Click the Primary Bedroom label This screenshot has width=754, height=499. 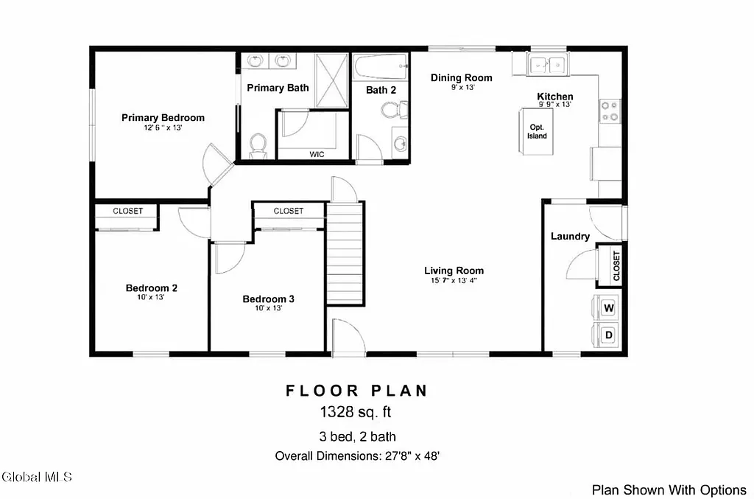coord(163,118)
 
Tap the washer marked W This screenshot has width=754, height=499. coord(609,307)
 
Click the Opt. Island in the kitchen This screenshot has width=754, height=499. coord(537,131)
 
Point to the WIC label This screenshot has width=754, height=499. coord(317,154)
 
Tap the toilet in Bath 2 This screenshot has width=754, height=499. coord(393,111)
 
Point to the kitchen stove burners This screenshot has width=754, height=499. coord(610,111)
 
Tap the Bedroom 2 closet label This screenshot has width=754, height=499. coord(127,211)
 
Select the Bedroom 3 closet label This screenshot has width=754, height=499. coord(288,211)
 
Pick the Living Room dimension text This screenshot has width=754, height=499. coord(454,281)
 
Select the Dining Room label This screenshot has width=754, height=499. coord(462,77)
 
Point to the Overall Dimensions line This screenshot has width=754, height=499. coord(357,456)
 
